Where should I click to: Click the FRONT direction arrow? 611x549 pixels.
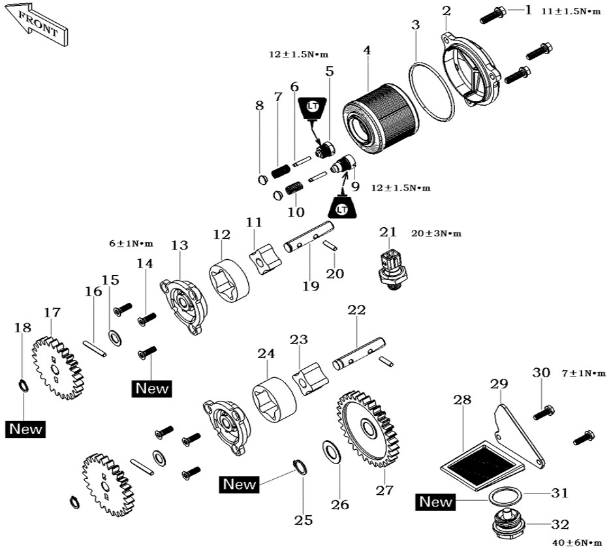(37, 25)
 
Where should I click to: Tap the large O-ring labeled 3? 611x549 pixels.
(431, 90)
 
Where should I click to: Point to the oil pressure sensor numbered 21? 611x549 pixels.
(392, 270)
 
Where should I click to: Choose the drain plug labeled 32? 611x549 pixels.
(506, 523)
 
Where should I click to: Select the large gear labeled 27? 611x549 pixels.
(369, 428)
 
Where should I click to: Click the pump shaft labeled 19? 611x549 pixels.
(308, 237)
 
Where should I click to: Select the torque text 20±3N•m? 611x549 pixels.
(436, 234)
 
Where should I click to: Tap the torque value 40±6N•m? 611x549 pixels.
(577, 542)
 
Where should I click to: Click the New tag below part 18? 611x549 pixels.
(25, 429)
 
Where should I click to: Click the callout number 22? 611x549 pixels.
(356, 310)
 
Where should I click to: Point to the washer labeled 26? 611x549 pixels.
(332, 452)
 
